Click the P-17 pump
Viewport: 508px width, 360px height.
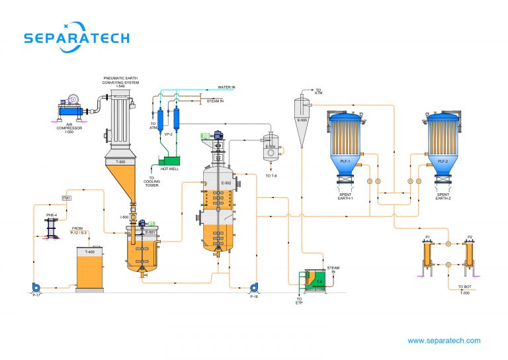[36, 287]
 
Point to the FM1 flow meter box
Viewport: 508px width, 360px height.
[66, 198]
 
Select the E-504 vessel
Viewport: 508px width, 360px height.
[270, 149]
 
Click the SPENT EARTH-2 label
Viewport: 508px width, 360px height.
[444, 197]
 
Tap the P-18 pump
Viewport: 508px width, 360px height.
[253, 288]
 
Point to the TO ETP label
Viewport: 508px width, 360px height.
[298, 303]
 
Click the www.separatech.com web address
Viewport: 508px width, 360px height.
[444, 341]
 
